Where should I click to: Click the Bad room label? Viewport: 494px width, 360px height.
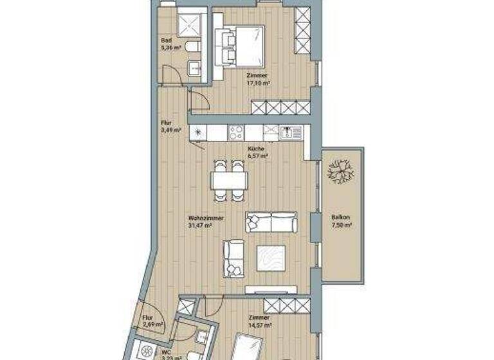[167, 40]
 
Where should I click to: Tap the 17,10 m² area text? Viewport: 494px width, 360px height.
[257, 82]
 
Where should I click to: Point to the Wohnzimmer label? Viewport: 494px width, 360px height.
[206, 219]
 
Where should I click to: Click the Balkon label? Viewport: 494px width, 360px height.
[341, 217]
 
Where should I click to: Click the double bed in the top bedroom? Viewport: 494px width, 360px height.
[244, 44]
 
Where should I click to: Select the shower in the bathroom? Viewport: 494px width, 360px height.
[190, 25]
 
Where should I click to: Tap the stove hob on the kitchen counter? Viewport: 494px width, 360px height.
[235, 132]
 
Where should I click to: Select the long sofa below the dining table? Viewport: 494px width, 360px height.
[270, 222]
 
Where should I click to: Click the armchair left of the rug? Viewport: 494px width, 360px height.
[233, 258]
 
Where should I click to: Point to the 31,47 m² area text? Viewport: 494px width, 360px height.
[206, 226]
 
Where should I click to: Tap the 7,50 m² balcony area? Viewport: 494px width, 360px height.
[341, 225]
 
